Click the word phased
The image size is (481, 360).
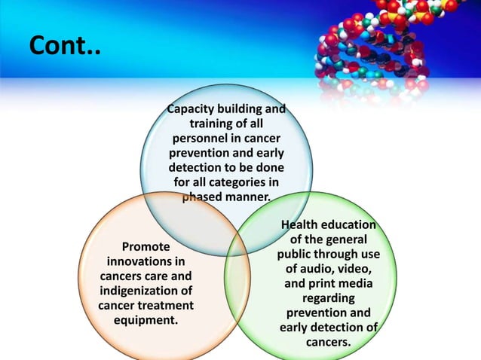(x=204, y=197)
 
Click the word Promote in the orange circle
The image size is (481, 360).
(x=146, y=246)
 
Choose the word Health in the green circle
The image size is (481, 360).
(x=300, y=225)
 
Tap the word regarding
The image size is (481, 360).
(x=328, y=298)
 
